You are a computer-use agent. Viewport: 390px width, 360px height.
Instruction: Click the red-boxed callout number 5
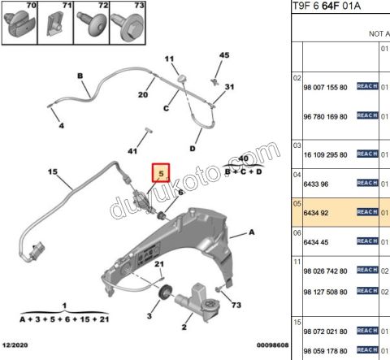pyautogui.click(x=161, y=174)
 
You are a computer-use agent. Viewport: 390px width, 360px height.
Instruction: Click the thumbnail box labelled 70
pyautogui.click(x=19, y=24)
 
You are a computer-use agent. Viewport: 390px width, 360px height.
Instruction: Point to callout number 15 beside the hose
pyautogui.click(x=51, y=172)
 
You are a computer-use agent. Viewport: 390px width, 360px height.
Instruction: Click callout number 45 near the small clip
pyautogui.click(x=224, y=55)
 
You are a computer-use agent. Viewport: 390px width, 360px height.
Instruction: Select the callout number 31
pyautogui.click(x=229, y=87)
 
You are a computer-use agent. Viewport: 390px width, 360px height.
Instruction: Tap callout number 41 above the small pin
pyautogui.click(x=132, y=151)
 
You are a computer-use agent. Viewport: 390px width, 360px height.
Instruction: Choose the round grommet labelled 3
pyautogui.click(x=168, y=293)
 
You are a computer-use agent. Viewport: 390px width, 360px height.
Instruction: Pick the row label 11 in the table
pyautogui.click(x=297, y=262)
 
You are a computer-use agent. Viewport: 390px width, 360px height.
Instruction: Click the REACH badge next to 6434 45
pyautogui.click(x=367, y=241)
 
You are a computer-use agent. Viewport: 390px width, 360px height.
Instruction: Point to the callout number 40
pyautogui.click(x=242, y=159)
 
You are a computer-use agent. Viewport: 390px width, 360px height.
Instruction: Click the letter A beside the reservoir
pyautogui.click(x=252, y=232)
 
